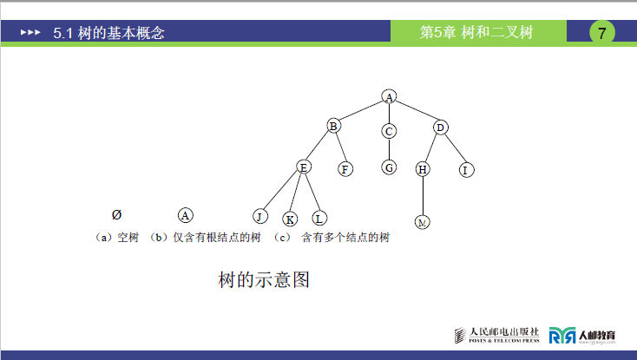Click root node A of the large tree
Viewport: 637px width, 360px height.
click(x=390, y=97)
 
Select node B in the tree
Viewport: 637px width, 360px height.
click(x=333, y=127)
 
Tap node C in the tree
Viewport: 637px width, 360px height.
click(x=389, y=131)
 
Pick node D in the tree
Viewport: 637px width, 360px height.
click(x=440, y=128)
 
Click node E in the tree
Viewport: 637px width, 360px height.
click(x=303, y=167)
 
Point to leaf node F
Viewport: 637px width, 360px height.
click(x=345, y=169)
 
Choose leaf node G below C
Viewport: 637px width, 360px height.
click(x=389, y=167)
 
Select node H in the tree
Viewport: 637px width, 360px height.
click(x=423, y=169)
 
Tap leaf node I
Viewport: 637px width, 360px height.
click(x=465, y=169)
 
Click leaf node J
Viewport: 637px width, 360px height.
click(x=259, y=216)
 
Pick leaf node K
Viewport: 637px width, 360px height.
click(x=290, y=219)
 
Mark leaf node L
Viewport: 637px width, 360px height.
click(x=318, y=218)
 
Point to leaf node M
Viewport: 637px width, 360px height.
click(x=423, y=222)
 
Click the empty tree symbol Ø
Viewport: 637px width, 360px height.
click(x=116, y=214)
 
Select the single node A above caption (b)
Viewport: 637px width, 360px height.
click(x=185, y=214)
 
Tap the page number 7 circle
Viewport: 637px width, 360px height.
click(x=602, y=33)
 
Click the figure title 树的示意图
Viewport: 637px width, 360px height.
click(x=264, y=280)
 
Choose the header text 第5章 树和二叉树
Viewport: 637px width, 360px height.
click(x=476, y=33)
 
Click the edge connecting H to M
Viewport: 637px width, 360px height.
click(x=423, y=195)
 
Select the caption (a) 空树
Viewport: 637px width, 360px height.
click(x=116, y=237)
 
